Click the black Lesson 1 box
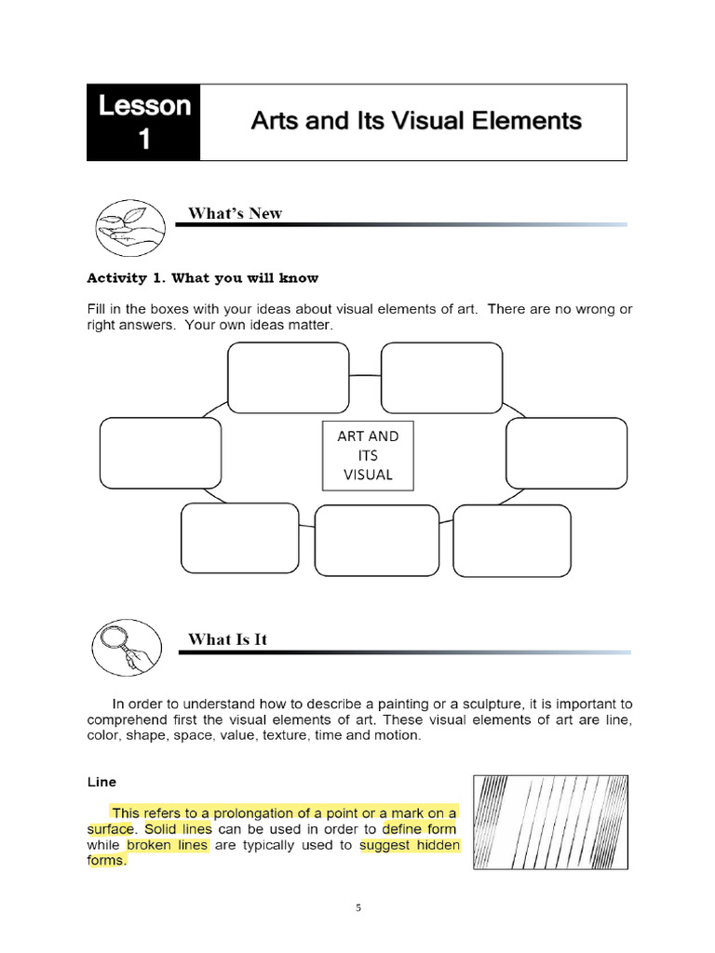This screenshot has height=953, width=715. tap(144, 122)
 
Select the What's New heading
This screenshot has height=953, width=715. tap(235, 213)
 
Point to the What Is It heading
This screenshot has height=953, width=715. tap(228, 638)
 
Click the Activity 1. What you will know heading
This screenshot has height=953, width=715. tap(202, 277)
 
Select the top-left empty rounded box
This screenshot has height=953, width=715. tap(289, 377)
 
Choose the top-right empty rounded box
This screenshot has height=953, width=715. tap(441, 377)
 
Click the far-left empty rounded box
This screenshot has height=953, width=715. tap(160, 453)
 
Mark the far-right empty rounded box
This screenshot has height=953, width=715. tap(566, 453)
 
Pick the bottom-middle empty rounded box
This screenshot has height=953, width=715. tap(377, 540)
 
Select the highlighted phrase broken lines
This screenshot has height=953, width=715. tap(169, 845)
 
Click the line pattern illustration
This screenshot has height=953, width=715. tap(549, 823)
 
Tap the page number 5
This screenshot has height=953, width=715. tap(357, 909)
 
